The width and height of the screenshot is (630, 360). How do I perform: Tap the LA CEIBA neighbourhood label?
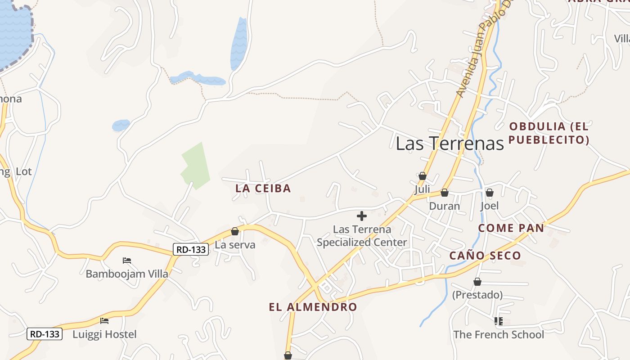click(x=263, y=188)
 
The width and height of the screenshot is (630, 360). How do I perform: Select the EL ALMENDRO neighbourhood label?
click(x=313, y=307)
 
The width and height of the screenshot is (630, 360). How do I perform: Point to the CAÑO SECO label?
click(x=485, y=256)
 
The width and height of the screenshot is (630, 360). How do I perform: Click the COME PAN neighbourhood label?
click(x=511, y=228)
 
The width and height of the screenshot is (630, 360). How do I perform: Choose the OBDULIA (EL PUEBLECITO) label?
click(x=549, y=133)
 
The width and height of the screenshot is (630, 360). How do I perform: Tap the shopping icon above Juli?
click(x=422, y=176)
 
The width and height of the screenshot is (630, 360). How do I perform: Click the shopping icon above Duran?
click(x=445, y=193)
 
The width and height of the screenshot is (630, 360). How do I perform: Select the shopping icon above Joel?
click(x=490, y=193)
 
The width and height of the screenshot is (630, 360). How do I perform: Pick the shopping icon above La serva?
click(x=234, y=231)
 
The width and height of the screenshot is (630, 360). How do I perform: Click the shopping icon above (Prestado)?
click(x=477, y=282)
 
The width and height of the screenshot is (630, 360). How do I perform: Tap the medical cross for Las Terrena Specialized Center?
click(x=361, y=216)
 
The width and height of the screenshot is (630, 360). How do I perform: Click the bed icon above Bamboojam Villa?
click(x=127, y=261)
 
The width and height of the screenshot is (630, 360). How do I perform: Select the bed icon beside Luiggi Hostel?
click(x=104, y=321)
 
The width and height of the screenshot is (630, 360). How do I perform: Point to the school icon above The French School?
click(x=498, y=321)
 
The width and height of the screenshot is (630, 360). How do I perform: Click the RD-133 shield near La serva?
click(x=191, y=249)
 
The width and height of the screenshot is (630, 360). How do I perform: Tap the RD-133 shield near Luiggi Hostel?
click(x=44, y=334)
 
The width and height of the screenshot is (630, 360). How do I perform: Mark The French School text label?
click(x=499, y=335)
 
